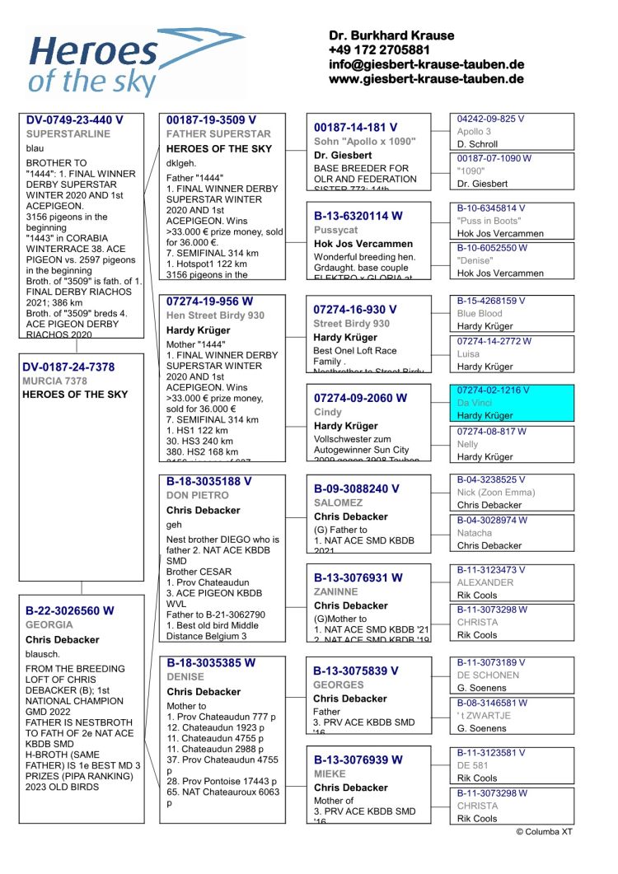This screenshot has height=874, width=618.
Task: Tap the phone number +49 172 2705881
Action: point(378,50)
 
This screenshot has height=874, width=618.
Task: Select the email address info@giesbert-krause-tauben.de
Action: point(426,64)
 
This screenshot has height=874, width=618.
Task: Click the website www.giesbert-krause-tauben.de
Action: point(426,79)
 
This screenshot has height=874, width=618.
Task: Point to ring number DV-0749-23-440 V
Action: point(74,120)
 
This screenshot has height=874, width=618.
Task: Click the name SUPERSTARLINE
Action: point(68,133)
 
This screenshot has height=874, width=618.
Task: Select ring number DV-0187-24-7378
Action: point(68,367)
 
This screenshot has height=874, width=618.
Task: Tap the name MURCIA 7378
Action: point(55,381)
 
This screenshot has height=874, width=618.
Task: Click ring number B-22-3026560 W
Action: point(69,611)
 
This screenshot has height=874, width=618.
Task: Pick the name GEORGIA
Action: point(49,625)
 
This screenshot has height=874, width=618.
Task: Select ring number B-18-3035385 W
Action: point(211,663)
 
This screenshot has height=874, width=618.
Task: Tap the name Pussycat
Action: point(335,231)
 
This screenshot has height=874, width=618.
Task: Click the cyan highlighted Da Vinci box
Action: point(512,403)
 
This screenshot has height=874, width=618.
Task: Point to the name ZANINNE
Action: point(335,591)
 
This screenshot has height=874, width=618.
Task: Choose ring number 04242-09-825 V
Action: point(491,119)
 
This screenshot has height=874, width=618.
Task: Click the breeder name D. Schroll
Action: point(477,144)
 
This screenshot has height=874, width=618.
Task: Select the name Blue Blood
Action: point(480,314)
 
